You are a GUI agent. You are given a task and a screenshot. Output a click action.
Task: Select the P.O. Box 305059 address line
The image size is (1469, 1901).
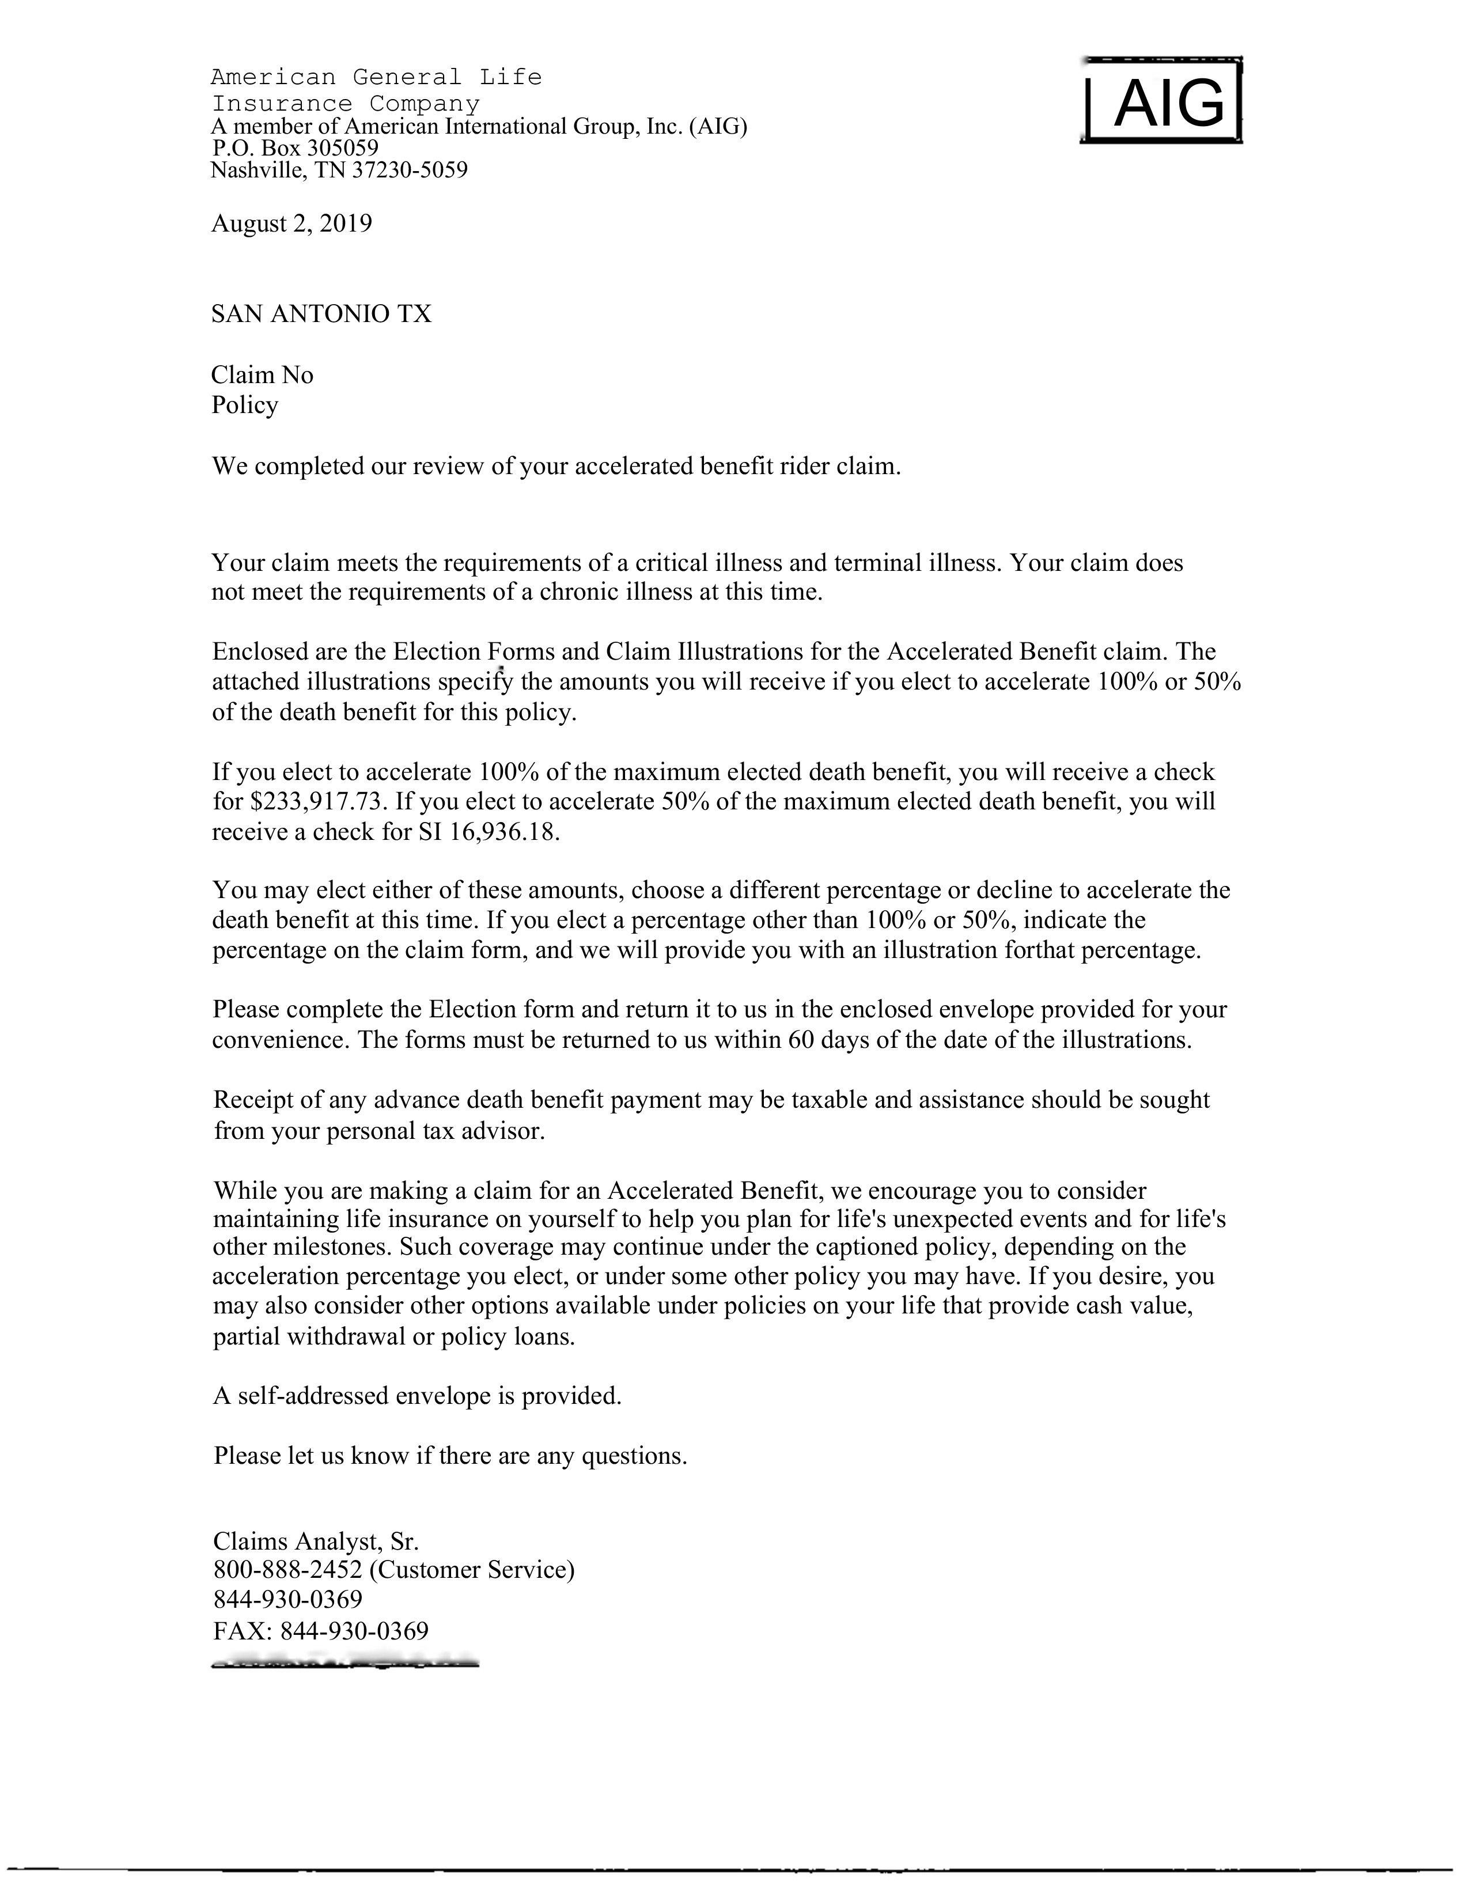[x=295, y=148]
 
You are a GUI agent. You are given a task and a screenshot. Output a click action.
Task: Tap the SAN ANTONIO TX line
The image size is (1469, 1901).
[x=321, y=314]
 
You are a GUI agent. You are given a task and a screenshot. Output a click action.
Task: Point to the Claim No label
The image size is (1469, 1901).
[x=262, y=375]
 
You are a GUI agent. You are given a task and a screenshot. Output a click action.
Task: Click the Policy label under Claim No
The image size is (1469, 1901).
[x=244, y=406]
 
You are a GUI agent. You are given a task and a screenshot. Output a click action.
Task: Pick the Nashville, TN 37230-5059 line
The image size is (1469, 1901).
[x=339, y=170]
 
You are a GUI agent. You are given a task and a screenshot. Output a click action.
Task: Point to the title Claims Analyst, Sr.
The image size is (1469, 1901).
[x=316, y=1542]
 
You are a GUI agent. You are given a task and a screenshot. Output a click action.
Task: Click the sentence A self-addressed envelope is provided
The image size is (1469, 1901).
[x=418, y=1396]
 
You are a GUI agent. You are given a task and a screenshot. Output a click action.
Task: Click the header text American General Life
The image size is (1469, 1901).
[x=376, y=77]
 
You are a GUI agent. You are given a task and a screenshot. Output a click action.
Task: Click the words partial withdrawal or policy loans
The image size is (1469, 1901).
[x=394, y=1337]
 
